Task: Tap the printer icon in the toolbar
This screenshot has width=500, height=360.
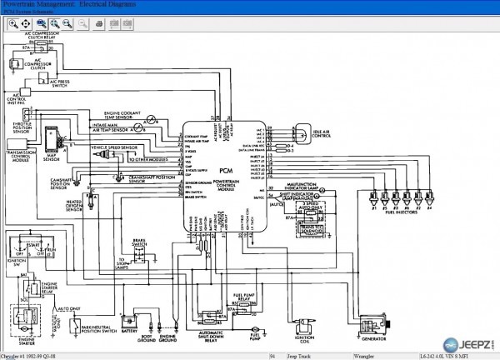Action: click(x=97, y=23)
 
